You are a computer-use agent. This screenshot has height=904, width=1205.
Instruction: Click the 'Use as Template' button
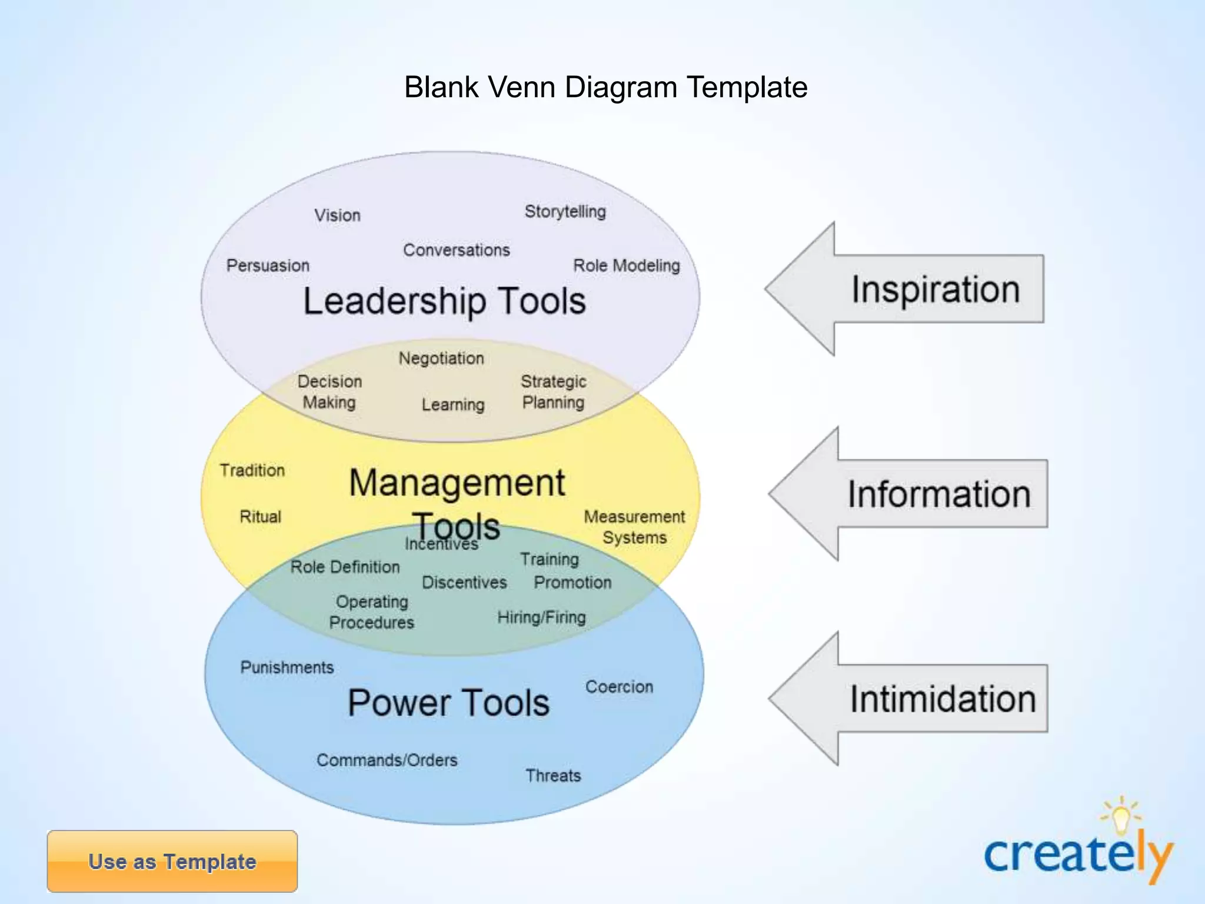[172, 861]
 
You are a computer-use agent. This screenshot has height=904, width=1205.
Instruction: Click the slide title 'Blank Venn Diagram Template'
[605, 87]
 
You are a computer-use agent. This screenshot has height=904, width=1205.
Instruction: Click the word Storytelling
[565, 211]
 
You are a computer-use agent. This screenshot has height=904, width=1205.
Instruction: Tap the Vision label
[337, 215]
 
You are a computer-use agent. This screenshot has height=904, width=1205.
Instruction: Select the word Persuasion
[268, 265]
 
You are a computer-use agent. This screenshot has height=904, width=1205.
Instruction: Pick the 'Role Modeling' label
[626, 265]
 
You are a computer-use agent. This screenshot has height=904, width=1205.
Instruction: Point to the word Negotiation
[441, 358]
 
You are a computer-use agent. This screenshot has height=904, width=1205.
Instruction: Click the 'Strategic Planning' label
[553, 392]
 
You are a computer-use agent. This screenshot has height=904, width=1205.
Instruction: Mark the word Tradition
[252, 470]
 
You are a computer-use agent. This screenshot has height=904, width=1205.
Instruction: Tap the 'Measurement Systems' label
[634, 527]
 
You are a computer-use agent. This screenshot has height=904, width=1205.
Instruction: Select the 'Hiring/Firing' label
[541, 617]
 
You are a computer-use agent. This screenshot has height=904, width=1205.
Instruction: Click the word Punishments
[287, 667]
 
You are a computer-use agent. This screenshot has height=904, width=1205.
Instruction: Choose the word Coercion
[619, 687]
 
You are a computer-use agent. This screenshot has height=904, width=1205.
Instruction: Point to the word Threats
[553, 776]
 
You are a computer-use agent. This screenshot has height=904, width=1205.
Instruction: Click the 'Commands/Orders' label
[387, 760]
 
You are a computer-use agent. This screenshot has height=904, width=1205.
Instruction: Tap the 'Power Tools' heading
[448, 703]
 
